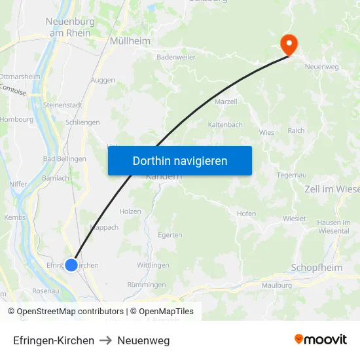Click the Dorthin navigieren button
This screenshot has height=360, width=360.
[179, 160]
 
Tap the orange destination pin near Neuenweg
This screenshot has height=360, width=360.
[288, 44]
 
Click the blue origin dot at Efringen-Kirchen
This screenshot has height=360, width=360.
[71, 265]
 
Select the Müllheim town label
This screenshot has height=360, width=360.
[131, 41]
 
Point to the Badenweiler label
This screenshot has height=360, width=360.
[176, 57]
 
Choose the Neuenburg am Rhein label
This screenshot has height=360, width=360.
[70, 27]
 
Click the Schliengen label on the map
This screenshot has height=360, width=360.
[83, 122]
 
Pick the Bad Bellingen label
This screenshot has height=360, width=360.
[64, 159]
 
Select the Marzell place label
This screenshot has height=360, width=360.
[226, 102]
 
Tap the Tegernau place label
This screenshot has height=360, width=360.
[292, 175]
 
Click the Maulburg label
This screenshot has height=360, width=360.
[276, 285]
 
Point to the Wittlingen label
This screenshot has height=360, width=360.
[153, 265]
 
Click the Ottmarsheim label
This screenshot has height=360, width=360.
[20, 77]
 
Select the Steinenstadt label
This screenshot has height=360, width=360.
[63, 105]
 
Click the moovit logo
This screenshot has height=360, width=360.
[321, 340]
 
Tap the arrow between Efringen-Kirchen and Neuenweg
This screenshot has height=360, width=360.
[105, 340]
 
